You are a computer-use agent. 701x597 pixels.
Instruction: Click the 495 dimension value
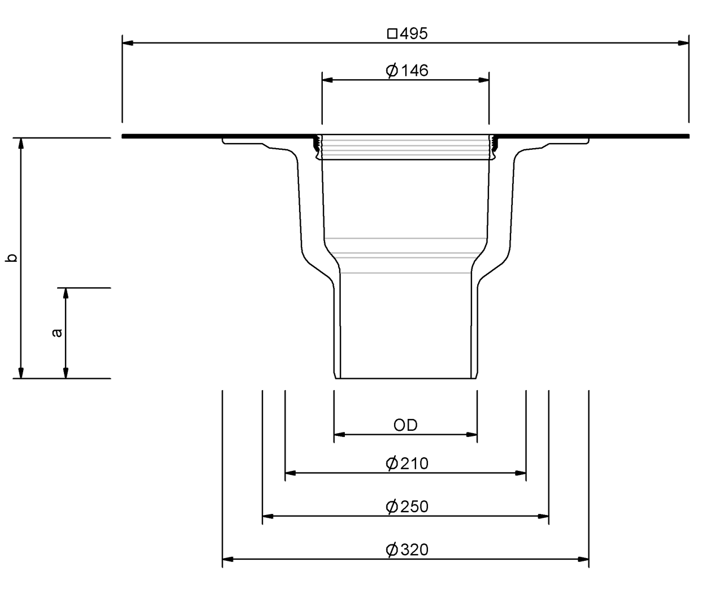point(414,33)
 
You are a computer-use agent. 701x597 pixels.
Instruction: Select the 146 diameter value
point(415,71)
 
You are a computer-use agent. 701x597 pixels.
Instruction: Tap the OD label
point(405,425)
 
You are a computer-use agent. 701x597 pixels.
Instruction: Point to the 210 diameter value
point(414,464)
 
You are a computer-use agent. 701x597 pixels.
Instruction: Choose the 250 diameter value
point(414,507)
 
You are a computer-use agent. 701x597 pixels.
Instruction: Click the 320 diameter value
point(414,550)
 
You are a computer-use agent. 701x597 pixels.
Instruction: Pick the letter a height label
point(57,333)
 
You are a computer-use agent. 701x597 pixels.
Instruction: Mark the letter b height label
point(11,257)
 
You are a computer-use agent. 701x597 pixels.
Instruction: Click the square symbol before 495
point(392,34)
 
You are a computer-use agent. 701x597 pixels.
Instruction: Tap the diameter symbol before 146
point(392,71)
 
